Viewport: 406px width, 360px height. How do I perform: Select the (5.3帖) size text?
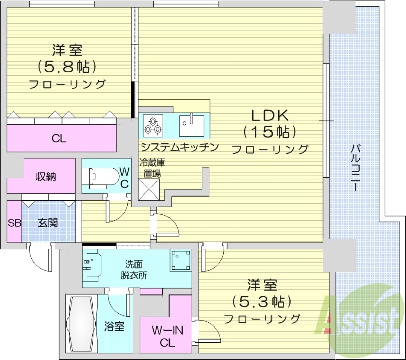pos(262,301)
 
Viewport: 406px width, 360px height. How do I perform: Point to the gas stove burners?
pos(153,125)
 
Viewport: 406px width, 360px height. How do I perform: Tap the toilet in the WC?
pos(99,176)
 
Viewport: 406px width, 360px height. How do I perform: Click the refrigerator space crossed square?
pos(149,189)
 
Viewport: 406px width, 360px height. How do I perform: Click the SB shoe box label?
pos(14,222)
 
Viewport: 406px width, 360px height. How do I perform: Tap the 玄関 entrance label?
pos(47,222)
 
